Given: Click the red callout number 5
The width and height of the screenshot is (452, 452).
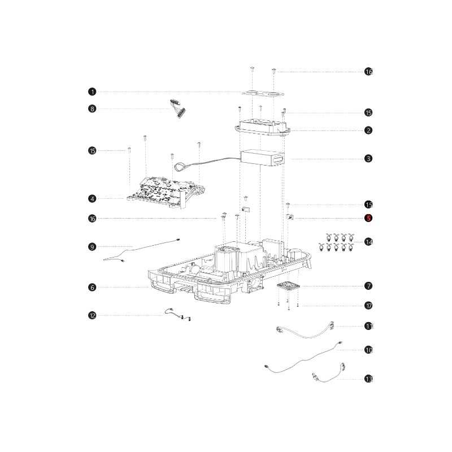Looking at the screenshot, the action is click(x=368, y=218).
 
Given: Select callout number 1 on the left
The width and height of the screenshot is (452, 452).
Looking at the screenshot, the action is click(x=92, y=92).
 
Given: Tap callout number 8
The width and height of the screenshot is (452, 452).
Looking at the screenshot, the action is click(x=92, y=108).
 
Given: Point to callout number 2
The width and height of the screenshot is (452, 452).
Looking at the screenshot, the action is click(x=368, y=131).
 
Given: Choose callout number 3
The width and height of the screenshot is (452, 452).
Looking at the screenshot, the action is click(x=368, y=158).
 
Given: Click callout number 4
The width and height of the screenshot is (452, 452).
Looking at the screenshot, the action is click(x=92, y=199).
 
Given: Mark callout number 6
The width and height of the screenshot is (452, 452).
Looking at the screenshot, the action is click(x=92, y=287).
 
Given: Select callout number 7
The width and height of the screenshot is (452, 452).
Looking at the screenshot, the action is click(x=368, y=286).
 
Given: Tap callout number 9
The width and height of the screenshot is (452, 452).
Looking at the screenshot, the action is click(x=92, y=247).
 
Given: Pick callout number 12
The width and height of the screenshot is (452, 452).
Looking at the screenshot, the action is click(x=92, y=315).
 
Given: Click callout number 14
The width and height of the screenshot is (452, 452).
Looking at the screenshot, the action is click(x=368, y=242).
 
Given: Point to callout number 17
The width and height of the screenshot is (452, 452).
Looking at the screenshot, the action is click(x=368, y=306).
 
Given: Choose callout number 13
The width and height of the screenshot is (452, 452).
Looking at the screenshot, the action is click(x=368, y=379).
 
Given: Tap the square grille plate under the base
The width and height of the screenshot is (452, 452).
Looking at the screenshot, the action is click(x=288, y=286).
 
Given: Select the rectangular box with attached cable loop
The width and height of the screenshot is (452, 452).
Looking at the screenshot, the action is click(x=262, y=158).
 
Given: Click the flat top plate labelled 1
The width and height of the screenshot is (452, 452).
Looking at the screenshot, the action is click(x=262, y=93).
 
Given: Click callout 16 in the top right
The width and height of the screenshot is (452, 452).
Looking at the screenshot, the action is click(x=368, y=72).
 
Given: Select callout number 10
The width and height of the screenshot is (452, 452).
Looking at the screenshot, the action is click(x=368, y=350).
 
